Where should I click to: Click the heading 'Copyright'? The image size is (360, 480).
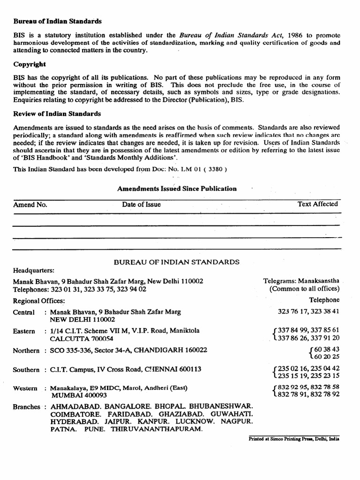click(x=29, y=64)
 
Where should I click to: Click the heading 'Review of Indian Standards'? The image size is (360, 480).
click(x=57, y=114)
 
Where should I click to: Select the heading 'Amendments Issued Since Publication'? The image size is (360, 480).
click(x=177, y=188)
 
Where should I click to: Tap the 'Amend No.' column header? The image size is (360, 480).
click(x=30, y=204)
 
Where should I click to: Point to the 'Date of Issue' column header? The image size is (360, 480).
click(x=141, y=204)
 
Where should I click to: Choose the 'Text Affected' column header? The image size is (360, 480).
click(x=317, y=204)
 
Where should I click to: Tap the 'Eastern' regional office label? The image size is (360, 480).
click(x=24, y=331)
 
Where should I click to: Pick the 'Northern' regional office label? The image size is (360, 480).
click(x=26, y=350)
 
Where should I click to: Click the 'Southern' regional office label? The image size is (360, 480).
click(x=26, y=369)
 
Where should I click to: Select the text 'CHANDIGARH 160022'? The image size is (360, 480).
click(x=175, y=350)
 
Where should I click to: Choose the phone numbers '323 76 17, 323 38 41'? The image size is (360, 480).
click(x=308, y=311)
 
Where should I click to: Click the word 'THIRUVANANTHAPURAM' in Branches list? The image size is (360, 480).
click(x=156, y=429)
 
